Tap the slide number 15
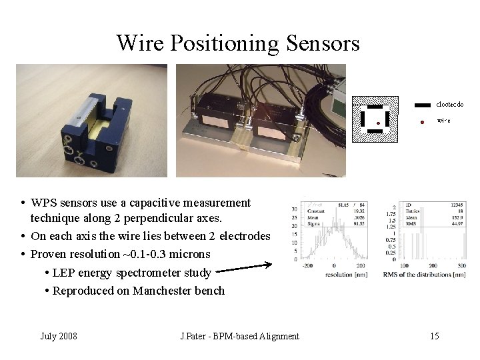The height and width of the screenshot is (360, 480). [x=434, y=336]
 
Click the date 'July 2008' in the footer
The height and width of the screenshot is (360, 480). [x=59, y=336]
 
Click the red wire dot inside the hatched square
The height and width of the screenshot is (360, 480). [x=377, y=123]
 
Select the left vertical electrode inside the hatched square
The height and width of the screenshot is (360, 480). [x=363, y=119]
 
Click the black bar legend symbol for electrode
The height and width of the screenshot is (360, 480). [x=423, y=105]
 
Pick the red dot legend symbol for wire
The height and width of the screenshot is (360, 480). [x=423, y=121]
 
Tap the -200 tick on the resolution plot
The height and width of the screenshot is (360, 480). [x=307, y=265]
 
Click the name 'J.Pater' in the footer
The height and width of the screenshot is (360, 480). [x=195, y=336]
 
